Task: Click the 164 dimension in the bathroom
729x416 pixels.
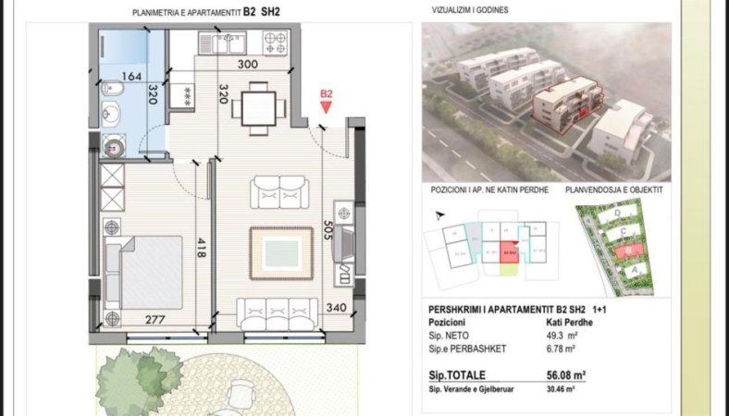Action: [x=133, y=76]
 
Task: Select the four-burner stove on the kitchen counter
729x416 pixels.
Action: [x=276, y=41]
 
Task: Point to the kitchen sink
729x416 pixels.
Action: [x=227, y=41]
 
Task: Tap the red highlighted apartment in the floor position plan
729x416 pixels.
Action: [x=509, y=251]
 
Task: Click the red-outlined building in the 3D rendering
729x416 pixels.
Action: [x=566, y=104]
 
